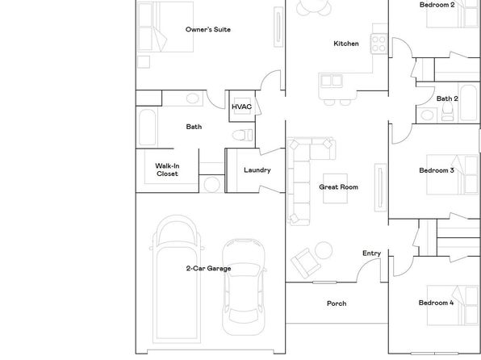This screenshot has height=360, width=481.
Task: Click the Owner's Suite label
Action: (208, 30)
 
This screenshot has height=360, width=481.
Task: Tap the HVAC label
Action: (242, 107)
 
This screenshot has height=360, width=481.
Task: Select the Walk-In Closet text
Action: (167, 170)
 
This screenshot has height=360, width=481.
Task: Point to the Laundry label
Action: (257, 170)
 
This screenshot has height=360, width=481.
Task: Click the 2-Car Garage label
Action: (208, 269)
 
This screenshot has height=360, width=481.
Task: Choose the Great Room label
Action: (338, 187)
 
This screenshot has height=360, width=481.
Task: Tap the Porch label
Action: (337, 303)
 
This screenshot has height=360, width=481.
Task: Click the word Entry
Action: (371, 253)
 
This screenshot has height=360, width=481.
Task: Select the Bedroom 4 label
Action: (436, 303)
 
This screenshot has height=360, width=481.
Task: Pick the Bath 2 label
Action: (447, 98)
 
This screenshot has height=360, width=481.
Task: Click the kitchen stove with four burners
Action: (379, 44)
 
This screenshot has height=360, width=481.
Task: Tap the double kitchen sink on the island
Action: (332, 81)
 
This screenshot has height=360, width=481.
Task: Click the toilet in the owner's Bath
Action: (243, 135)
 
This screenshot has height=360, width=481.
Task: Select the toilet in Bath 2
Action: (448, 111)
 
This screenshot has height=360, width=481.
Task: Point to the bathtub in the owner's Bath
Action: (147, 127)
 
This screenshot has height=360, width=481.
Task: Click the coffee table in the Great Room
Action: (335, 188)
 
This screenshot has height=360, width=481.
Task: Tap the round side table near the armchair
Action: (324, 250)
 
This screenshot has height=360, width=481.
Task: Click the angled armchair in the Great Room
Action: (306, 263)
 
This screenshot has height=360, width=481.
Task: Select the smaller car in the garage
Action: (244, 287)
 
